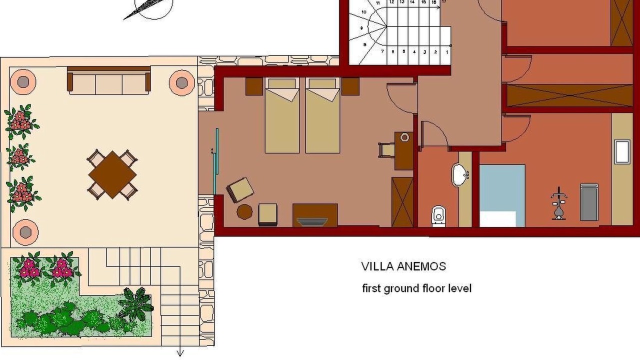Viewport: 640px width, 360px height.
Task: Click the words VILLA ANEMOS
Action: [x=403, y=266]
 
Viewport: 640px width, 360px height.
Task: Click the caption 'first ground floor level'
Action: [x=416, y=288]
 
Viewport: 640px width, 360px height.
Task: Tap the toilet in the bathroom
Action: [x=438, y=216]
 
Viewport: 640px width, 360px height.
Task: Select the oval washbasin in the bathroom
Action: [x=460, y=174]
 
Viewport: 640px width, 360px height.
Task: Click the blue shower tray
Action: [x=502, y=195]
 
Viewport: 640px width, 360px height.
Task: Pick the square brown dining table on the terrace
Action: [x=112, y=174]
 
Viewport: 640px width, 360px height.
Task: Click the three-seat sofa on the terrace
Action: [x=108, y=81]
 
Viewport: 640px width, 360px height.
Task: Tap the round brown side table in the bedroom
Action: [x=244, y=211]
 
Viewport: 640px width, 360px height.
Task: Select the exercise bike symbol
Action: [x=559, y=203]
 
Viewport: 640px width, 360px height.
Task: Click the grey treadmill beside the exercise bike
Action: [x=589, y=202]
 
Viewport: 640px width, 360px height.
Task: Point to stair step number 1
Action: [x=447, y=52]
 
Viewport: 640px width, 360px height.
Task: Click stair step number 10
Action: [x=363, y=12]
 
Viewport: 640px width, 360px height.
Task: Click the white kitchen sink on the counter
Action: [x=622, y=151]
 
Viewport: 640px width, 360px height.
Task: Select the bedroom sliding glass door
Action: [x=215, y=161]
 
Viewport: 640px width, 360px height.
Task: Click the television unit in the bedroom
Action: [x=315, y=215]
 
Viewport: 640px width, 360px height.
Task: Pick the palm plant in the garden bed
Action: [x=136, y=304]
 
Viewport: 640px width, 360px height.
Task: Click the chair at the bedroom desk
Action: [x=387, y=150]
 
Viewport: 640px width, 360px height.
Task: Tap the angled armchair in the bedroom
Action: [x=240, y=190]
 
